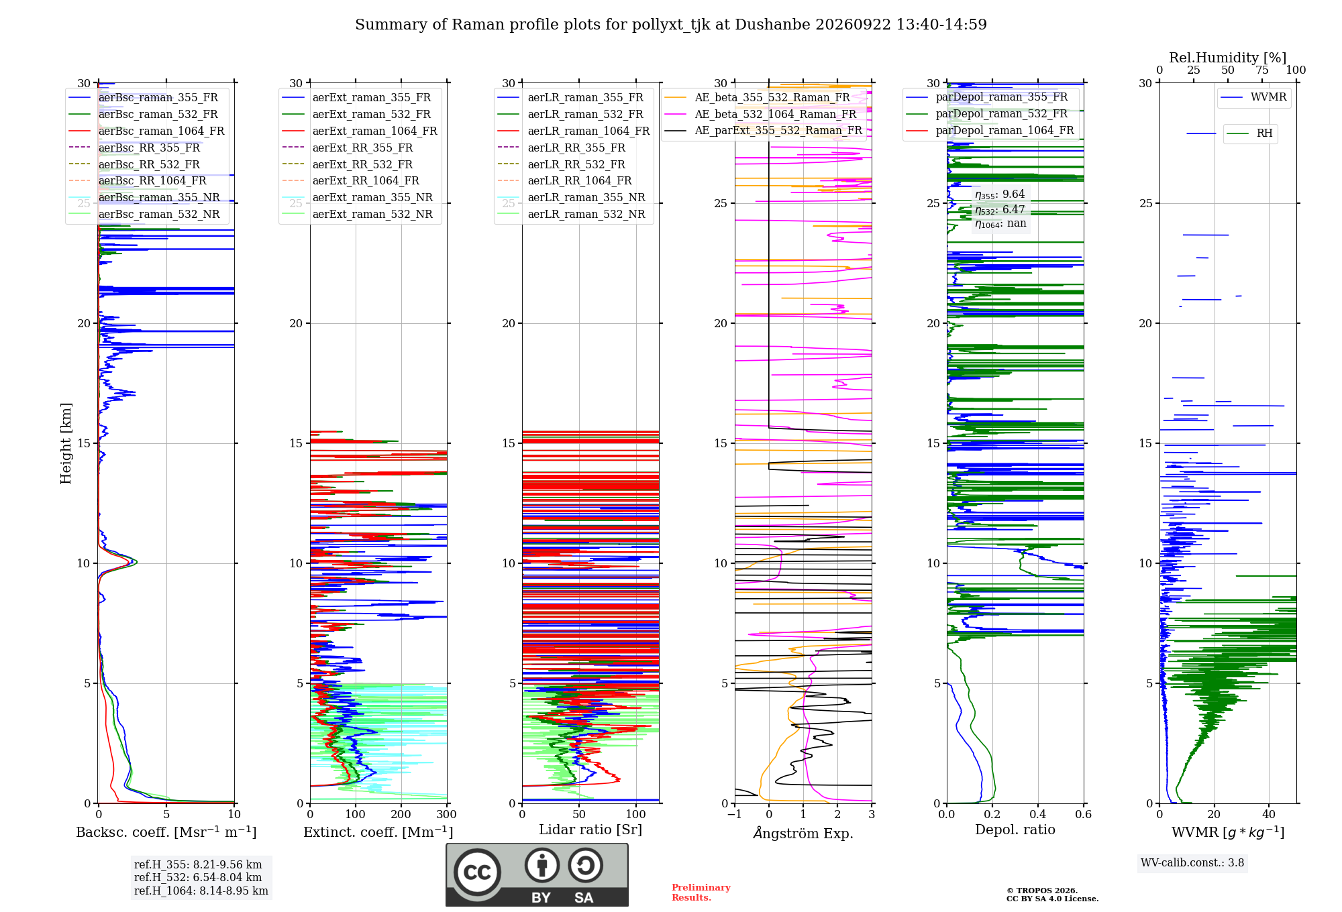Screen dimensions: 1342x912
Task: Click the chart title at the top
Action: [x=671, y=25]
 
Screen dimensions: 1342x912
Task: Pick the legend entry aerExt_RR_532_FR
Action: [x=348, y=164]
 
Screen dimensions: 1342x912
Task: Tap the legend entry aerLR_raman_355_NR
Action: [x=572, y=197]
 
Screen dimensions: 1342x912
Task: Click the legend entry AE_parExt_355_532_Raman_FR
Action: [x=764, y=130]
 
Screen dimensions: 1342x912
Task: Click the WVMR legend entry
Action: [x=1253, y=97]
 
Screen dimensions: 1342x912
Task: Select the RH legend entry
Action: [x=1249, y=133]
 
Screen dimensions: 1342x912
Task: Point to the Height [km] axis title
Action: [x=66, y=443]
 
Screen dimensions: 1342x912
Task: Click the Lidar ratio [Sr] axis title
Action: [x=590, y=830]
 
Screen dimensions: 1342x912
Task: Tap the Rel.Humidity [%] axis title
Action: [x=1228, y=58]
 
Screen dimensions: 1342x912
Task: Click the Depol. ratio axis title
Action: [x=1015, y=830]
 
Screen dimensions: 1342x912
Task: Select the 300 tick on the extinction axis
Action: [x=447, y=814]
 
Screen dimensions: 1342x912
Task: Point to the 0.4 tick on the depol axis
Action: [x=1038, y=814]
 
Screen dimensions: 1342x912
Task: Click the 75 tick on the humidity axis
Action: [x=1262, y=70]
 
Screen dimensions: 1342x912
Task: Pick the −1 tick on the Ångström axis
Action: [x=735, y=814]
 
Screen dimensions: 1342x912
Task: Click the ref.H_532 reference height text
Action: [x=198, y=877]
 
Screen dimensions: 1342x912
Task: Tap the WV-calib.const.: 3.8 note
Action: [x=1192, y=863]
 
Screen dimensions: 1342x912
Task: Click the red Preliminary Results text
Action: [x=701, y=893]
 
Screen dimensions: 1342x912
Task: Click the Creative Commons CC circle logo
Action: [x=477, y=872]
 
